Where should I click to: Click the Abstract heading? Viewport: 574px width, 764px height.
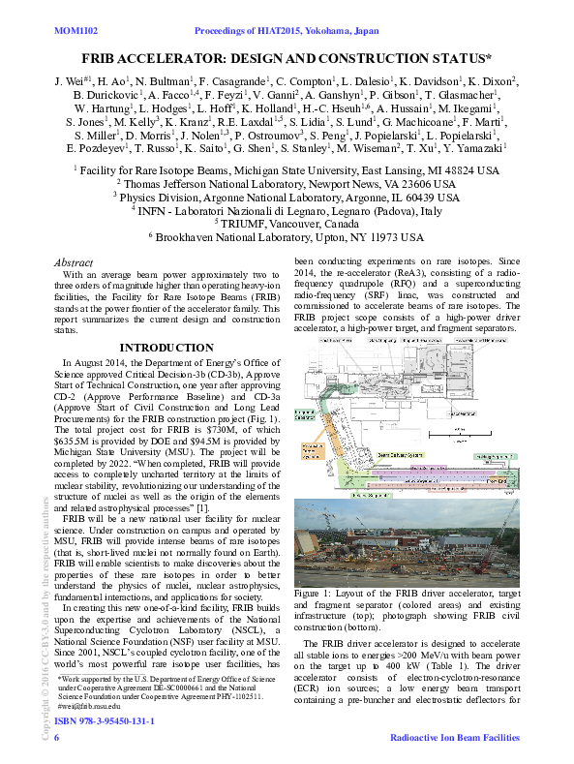74,262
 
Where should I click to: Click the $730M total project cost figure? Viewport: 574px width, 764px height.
218,426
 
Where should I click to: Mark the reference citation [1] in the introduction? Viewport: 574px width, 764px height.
202,507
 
